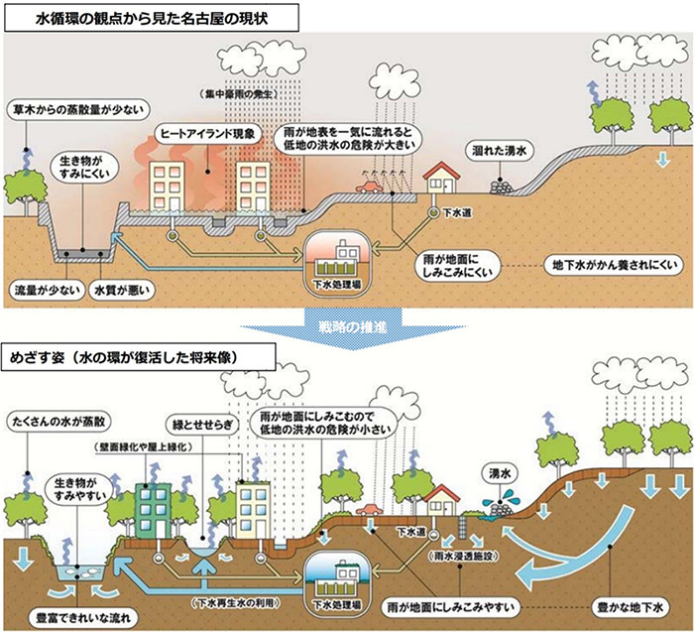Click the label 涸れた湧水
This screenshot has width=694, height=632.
501,149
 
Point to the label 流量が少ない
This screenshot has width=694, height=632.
42,292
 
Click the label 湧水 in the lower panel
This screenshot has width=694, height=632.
504,470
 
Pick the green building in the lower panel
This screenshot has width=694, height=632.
155,509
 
